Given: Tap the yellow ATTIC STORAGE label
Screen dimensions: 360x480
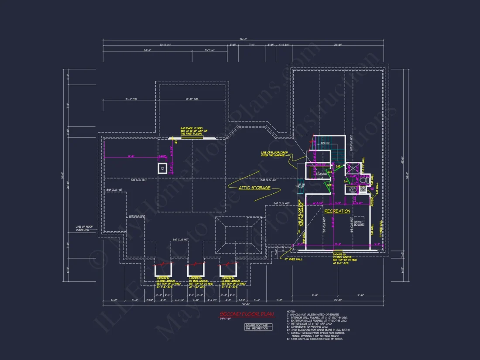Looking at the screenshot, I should click(254, 188).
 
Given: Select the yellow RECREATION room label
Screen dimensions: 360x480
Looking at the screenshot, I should click(337, 211).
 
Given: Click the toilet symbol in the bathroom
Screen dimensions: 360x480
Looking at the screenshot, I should click(366, 179).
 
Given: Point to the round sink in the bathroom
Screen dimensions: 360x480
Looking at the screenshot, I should click(353, 190).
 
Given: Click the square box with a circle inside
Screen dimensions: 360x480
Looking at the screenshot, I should click(162, 168).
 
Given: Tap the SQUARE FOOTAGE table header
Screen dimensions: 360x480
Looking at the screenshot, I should click(258, 325).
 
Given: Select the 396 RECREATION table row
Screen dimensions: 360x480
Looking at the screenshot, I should click(258, 329).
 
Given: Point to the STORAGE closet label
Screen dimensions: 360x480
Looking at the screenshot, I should click(321, 174).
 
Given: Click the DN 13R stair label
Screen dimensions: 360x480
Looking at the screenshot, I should click(325, 143).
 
